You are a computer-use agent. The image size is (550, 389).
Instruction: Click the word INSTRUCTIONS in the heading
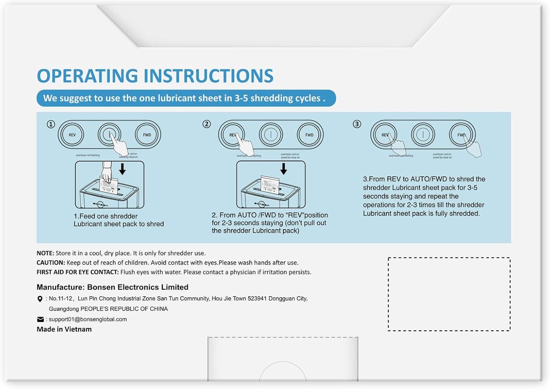[208, 76]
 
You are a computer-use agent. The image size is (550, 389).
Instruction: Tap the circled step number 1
[51, 124]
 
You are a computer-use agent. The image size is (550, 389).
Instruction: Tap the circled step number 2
[207, 124]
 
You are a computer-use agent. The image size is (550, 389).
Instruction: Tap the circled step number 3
[357, 124]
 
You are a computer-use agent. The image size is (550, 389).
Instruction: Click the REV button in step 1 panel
[72, 135]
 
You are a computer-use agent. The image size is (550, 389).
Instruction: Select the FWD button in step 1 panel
[147, 135]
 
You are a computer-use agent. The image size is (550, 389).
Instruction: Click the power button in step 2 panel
[271, 135]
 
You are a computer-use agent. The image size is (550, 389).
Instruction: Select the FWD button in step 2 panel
[309, 135]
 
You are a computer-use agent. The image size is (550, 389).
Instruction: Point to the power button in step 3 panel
[423, 135]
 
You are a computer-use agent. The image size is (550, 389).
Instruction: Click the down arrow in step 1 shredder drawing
[122, 169]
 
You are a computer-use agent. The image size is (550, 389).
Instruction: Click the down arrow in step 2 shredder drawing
[283, 169]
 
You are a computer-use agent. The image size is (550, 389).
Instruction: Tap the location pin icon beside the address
[40, 299]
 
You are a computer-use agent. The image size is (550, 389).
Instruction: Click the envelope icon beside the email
[40, 319]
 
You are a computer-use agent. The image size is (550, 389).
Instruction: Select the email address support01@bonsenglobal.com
[88, 319]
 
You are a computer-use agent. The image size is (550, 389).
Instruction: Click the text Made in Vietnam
[64, 329]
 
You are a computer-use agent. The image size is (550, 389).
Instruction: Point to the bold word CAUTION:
[51, 263]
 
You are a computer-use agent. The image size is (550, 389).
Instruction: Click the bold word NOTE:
[45, 253]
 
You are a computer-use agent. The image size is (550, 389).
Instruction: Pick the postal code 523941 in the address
[257, 298]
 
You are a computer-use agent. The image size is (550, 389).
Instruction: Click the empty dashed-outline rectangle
[449, 294]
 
